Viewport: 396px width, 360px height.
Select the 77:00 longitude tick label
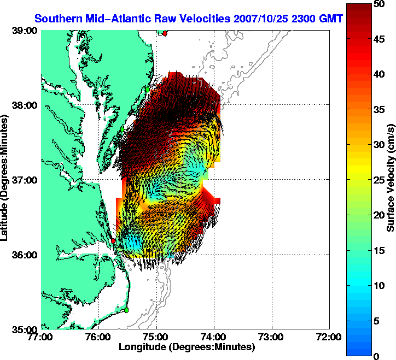coord(42,337)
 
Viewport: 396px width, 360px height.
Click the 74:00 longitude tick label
coord(214,337)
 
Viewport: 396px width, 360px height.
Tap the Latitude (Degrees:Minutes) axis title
coord(5,180)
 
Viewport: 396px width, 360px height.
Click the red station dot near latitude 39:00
coord(165,33)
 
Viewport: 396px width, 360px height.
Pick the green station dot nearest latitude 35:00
coord(126,310)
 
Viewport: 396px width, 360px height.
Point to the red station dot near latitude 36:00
coord(113,240)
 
